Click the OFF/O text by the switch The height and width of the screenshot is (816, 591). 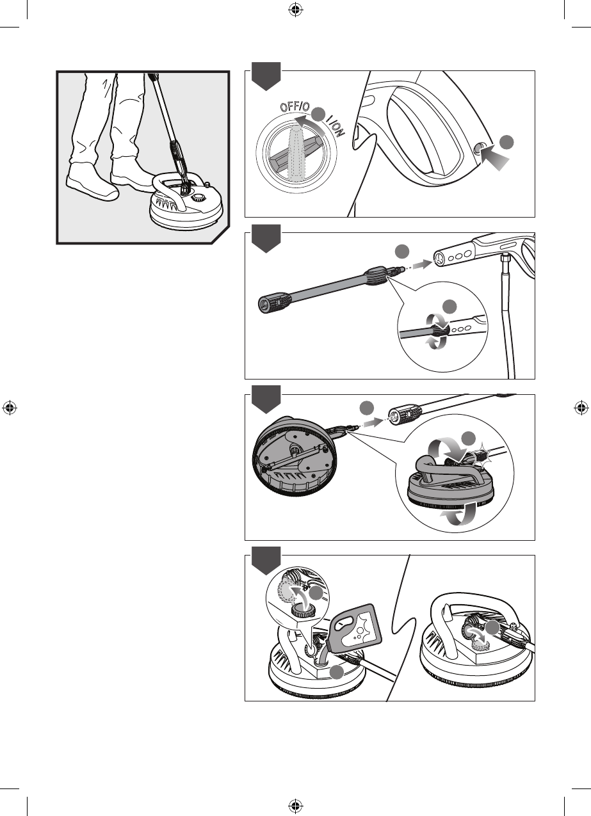[x=295, y=107]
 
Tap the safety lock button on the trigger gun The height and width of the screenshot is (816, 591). [x=478, y=148]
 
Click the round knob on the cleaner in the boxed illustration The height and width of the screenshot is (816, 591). [x=198, y=198]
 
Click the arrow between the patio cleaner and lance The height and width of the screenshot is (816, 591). [x=373, y=422]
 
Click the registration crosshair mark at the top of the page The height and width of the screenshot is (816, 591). [x=296, y=10]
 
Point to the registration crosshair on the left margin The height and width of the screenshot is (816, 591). [x=10, y=408]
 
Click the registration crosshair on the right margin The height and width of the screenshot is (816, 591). [x=581, y=408]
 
